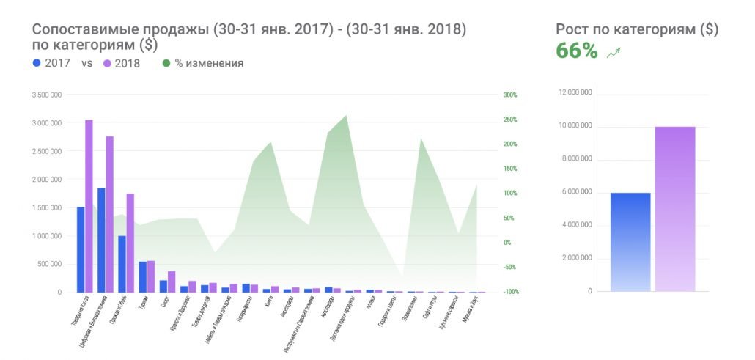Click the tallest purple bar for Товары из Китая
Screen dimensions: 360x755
coord(89,205)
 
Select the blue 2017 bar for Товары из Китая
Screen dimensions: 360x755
coord(81,249)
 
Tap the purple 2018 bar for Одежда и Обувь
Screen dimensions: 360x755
coord(130,242)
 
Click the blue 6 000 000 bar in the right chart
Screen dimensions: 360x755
coord(630,242)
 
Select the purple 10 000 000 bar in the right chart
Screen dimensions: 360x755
coord(675,209)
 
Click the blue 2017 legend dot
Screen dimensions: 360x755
coord(37,63)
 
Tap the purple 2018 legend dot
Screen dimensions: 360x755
coord(107,63)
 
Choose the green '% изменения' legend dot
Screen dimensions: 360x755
coord(166,63)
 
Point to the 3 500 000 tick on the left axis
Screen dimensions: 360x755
coord(46,95)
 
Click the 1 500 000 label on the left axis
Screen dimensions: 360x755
coord(46,208)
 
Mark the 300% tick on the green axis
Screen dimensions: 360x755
coord(510,95)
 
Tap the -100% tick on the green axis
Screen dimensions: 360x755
coord(510,292)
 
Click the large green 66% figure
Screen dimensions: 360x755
coord(577,51)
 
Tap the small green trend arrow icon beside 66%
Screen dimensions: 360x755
coord(614,52)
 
